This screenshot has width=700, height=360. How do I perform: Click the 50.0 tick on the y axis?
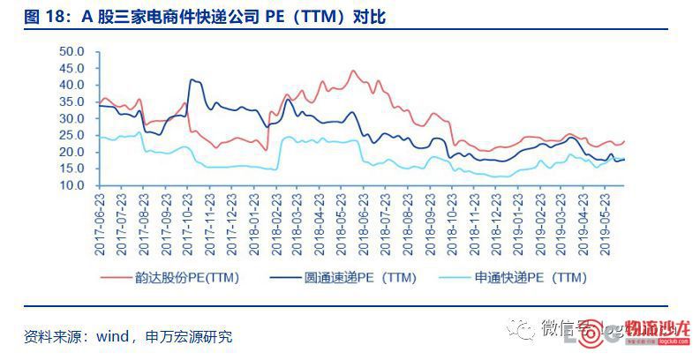[72, 51]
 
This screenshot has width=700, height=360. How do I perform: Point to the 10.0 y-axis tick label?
[72, 186]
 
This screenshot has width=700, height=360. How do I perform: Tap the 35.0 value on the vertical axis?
[72, 101]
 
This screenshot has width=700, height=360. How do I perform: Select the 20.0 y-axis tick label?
[72, 153]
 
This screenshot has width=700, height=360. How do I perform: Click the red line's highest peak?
[353, 71]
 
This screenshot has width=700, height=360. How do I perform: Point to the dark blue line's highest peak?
[192, 79]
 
